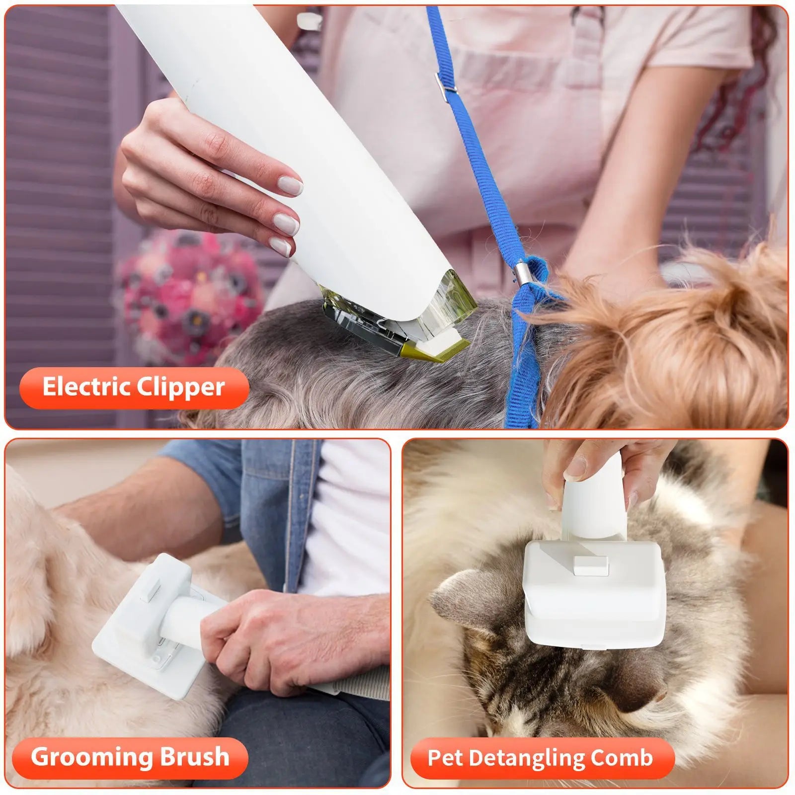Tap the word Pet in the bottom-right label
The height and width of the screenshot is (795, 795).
(x=444, y=758)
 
